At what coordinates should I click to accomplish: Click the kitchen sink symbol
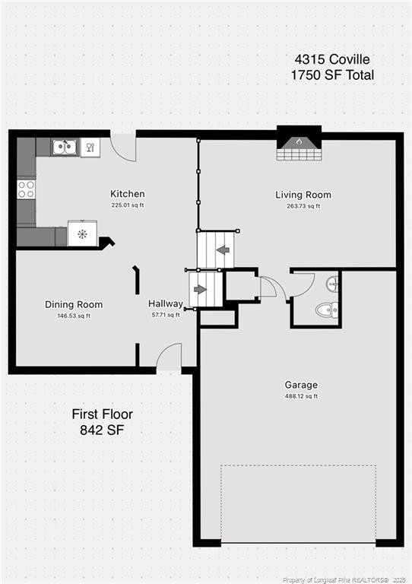(x=64, y=147)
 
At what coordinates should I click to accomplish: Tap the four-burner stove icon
(x=26, y=189)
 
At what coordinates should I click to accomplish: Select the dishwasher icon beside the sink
(x=89, y=147)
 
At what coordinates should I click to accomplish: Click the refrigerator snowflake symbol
(x=82, y=233)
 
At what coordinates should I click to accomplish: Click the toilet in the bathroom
(x=325, y=309)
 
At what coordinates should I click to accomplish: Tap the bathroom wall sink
(x=332, y=284)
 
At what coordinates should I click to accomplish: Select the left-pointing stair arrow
(x=222, y=249)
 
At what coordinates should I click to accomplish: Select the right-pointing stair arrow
(x=200, y=289)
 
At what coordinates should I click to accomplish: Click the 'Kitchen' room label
(x=127, y=194)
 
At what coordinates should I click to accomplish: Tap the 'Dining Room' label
(x=74, y=304)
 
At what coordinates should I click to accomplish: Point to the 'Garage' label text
(x=302, y=385)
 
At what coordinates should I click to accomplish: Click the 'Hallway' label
(x=166, y=303)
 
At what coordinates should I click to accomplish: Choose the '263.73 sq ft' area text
(x=303, y=206)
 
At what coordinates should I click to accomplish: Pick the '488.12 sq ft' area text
(x=302, y=396)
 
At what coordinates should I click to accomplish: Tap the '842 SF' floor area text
(x=102, y=430)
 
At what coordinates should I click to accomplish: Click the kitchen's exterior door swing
(x=123, y=146)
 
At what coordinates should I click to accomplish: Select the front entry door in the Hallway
(x=170, y=357)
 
